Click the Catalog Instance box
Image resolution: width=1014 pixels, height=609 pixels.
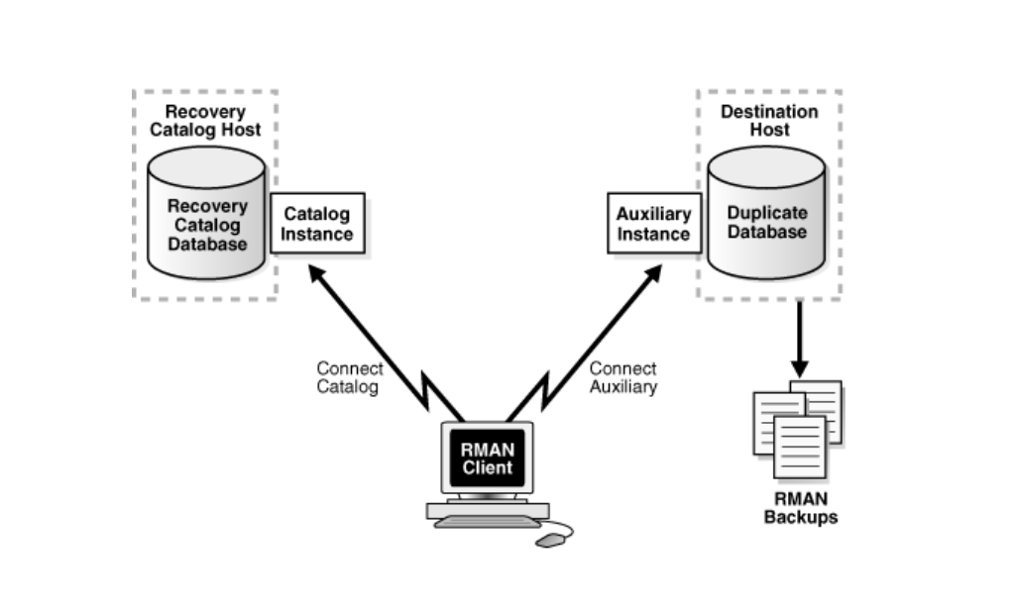coord(317,224)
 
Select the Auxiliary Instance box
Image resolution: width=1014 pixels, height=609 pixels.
coord(652,224)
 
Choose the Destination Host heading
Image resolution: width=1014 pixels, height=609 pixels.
coord(769,121)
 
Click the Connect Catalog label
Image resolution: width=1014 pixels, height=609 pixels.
coord(349,378)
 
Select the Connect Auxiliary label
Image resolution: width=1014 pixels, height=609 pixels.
coord(623,378)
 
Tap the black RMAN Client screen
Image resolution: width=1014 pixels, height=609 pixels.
coord(487,457)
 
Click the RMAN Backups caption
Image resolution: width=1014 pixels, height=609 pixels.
coord(800,508)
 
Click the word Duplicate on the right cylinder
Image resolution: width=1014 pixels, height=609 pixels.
coord(767,213)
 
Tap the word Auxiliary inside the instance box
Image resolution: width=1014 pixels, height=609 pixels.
coord(652,215)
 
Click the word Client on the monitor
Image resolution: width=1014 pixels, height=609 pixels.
coord(487,466)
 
